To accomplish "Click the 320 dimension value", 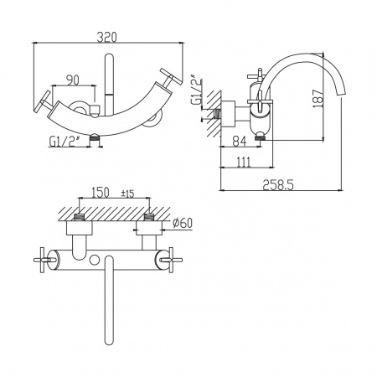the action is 106,37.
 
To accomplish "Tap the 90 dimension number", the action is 73,80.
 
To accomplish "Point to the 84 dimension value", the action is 240,142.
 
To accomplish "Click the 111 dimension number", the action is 244,163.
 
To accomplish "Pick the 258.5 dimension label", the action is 278,185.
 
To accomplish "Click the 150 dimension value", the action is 101,193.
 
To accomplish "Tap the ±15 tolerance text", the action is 127,194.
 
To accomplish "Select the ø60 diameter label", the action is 183,223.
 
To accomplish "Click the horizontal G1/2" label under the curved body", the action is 63,142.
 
